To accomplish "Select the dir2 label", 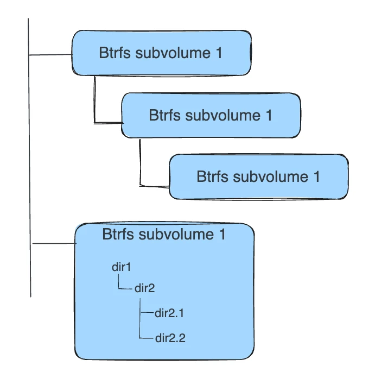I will tap(145, 288).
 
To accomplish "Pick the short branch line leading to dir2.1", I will tap(147, 313).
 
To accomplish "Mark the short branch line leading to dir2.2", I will tap(147, 338).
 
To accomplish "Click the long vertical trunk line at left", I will tap(29, 163).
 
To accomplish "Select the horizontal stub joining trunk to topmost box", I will tap(51, 55).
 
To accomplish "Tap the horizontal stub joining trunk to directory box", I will tap(54, 244).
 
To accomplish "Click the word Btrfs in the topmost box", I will tap(114, 53).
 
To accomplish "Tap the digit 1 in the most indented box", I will tap(316, 176).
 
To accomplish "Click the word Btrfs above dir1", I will tap(118, 235).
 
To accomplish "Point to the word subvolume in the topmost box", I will tap(173, 53).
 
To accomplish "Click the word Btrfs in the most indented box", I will tap(212, 176).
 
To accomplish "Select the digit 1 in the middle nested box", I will tap(268, 115).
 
